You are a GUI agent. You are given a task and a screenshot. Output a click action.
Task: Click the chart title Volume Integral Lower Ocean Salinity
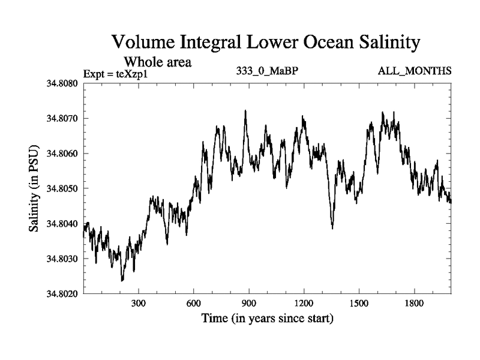265,43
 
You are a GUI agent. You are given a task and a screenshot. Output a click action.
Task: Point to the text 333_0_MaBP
268,71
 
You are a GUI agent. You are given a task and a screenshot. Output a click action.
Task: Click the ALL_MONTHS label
415,71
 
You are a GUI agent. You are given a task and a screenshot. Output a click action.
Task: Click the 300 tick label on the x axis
139,304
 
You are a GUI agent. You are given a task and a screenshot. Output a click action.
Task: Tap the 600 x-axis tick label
194,304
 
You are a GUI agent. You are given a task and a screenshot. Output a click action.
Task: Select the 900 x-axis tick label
249,304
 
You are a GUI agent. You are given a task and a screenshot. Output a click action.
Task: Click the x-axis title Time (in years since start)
268,318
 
